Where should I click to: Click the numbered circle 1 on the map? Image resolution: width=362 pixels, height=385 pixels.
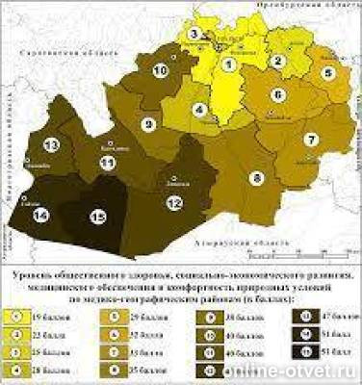point(228,64)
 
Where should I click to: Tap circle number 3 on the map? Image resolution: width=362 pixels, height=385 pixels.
point(195,35)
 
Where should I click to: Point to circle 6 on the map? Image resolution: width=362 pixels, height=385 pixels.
point(277,94)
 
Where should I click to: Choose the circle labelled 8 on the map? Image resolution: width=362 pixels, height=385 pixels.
point(257,177)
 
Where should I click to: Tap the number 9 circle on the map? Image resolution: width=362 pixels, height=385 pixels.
point(149,124)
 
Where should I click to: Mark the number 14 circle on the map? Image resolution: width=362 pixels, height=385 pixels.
point(40,217)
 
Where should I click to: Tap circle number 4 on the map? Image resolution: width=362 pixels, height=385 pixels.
point(200,110)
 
